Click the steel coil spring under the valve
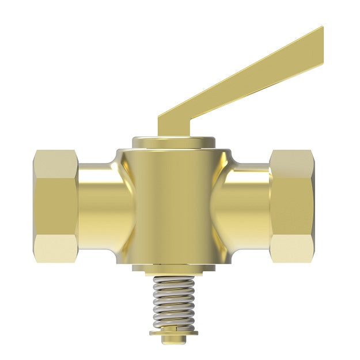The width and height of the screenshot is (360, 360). coord(176,302)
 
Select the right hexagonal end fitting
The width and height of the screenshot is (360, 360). coord(293,206)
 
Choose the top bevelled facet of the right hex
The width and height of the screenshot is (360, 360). coord(293,160)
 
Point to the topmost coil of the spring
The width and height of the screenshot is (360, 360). coord(176,280)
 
